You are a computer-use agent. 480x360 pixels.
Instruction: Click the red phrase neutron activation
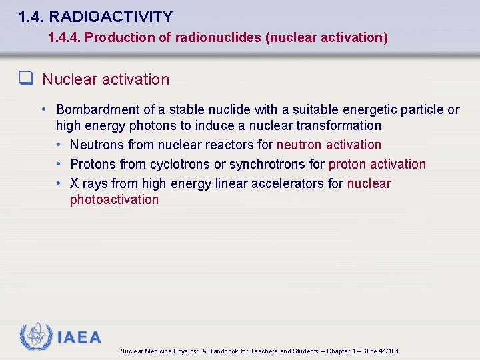[x=329, y=145]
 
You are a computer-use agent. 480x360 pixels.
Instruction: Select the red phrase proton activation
[x=377, y=164]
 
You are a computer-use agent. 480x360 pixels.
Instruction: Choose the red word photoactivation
[x=114, y=200]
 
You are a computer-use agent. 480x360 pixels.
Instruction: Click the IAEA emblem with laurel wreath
[x=37, y=337]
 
